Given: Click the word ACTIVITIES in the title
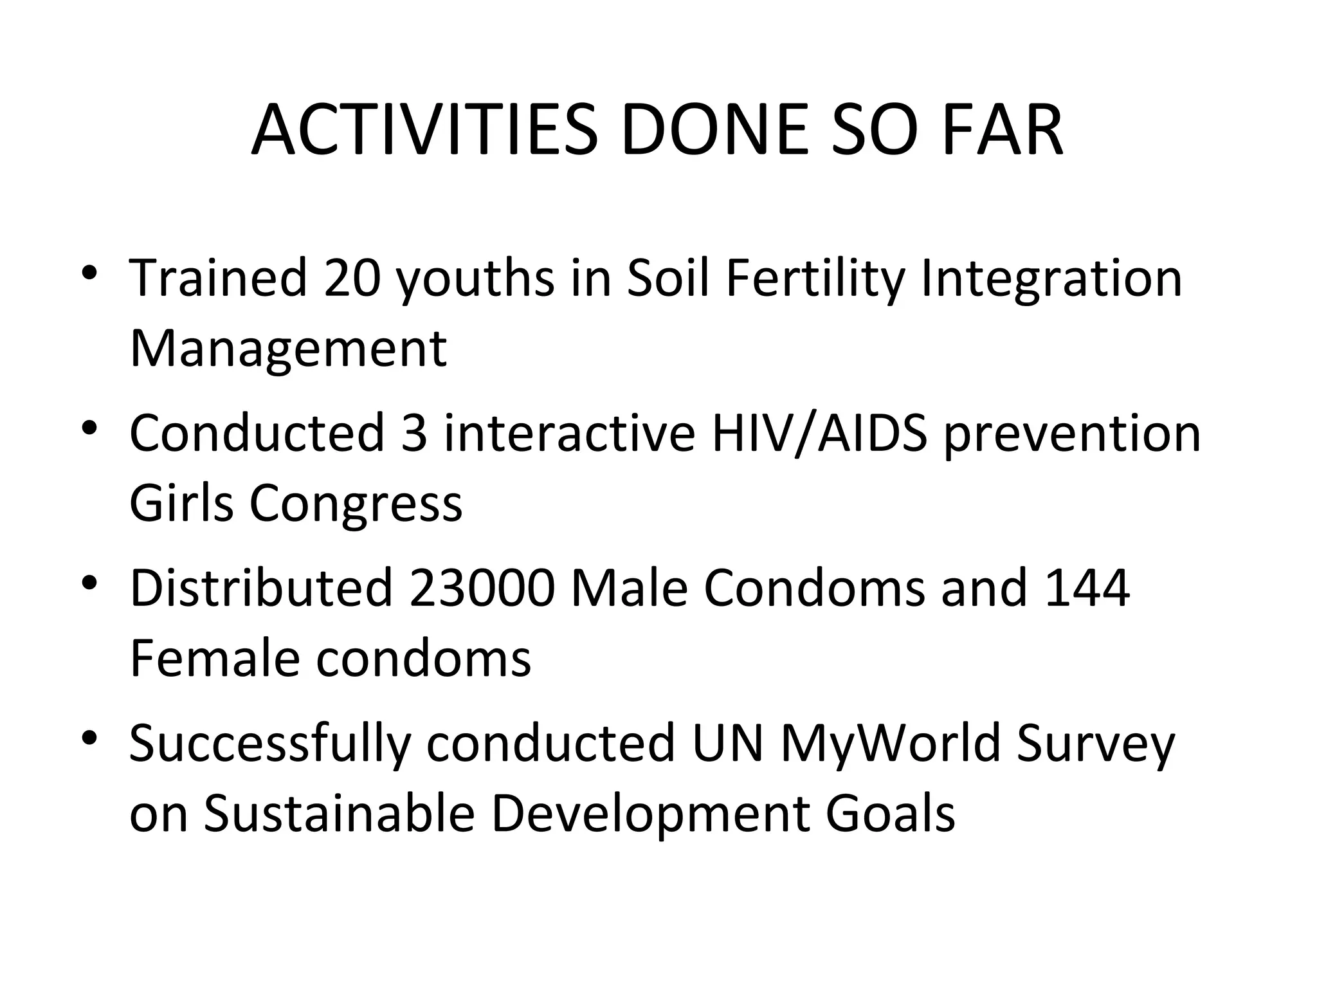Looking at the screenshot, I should point(424,131).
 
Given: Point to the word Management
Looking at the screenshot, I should point(287,349).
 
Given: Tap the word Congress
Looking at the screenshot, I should point(356,504).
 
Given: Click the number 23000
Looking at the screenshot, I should point(482,588).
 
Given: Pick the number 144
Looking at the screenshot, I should point(1087,588).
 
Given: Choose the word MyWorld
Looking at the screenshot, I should point(891,744).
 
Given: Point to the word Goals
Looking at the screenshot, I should point(890,814).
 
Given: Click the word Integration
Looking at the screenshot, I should point(1051,278).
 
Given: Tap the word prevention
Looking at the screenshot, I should point(1072,433).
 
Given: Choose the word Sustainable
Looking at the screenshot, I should point(339,814).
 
